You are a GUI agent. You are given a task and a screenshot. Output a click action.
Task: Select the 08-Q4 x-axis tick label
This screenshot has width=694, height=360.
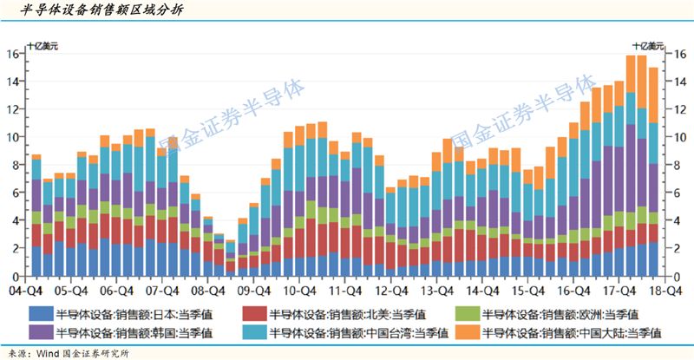click(208, 292)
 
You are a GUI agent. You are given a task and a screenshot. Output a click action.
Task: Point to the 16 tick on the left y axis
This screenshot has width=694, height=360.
click(15, 54)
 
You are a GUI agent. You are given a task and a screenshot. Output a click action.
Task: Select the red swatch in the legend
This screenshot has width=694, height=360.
click(252, 314)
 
